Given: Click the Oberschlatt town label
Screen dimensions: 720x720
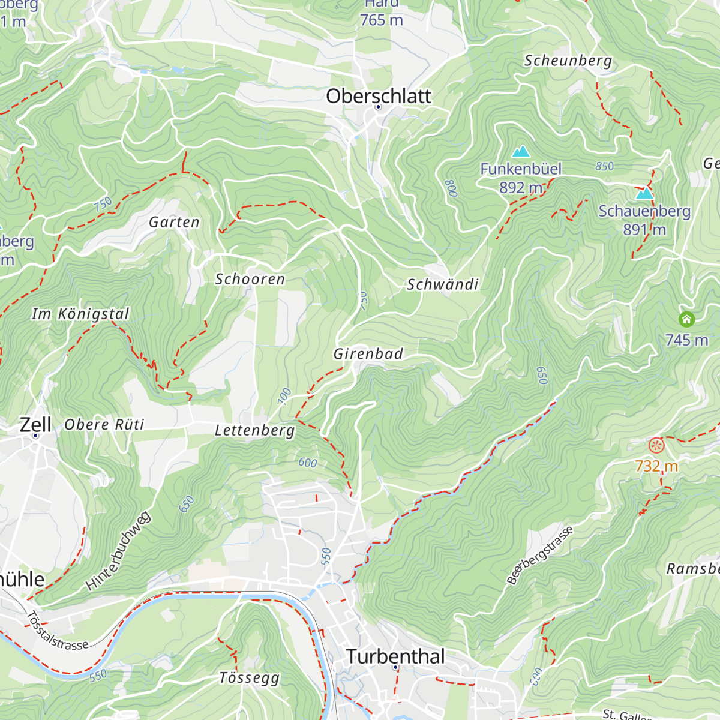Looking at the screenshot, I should coord(379,96).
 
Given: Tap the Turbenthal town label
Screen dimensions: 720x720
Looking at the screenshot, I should coord(395,656).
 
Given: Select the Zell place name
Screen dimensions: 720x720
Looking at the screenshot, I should coord(35,424).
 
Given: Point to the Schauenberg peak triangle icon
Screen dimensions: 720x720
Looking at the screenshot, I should coord(644,193).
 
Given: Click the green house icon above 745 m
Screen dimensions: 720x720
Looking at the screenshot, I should coord(686,319).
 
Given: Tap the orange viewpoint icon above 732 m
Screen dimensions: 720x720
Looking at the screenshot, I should coord(656,445).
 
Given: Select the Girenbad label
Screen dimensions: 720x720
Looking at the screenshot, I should coord(368,354).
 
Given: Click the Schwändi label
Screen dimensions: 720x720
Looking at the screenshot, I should coord(442,284).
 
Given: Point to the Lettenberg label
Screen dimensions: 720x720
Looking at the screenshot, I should coord(255,431).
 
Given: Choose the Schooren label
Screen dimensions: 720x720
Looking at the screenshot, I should coord(250,279).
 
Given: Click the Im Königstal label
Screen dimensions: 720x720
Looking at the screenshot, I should coord(80,314).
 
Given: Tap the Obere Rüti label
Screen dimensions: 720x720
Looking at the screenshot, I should coord(104,425).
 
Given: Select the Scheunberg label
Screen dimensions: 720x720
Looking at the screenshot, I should coord(568,61).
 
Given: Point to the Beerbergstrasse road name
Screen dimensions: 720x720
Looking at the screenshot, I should coord(540,555).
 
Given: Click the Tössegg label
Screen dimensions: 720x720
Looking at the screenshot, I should coord(249,678).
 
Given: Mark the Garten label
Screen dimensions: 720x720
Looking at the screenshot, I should coord(174,222).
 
